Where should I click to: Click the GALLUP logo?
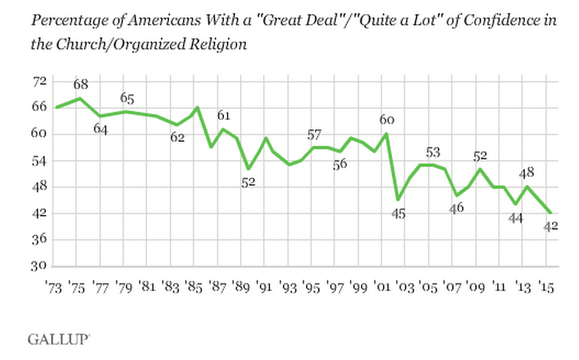click(x=59, y=338)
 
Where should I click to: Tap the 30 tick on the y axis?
click(x=38, y=266)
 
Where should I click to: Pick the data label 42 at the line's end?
click(x=550, y=226)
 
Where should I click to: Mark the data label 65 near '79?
click(x=128, y=98)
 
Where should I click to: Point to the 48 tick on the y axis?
click(x=38, y=187)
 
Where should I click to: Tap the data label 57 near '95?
click(x=314, y=134)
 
